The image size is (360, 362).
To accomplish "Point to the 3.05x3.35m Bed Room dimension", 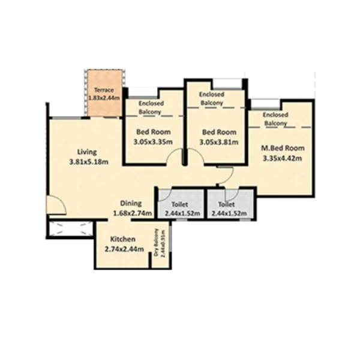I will pyautogui.click(x=152, y=142).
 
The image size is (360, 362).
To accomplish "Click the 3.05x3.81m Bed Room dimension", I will pyautogui.click(x=218, y=142).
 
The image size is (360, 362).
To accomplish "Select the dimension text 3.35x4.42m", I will pyautogui.click(x=282, y=158).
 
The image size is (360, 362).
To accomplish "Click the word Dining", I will pyautogui.click(x=130, y=203).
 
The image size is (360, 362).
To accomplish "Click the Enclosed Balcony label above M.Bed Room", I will pyautogui.click(x=275, y=119).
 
